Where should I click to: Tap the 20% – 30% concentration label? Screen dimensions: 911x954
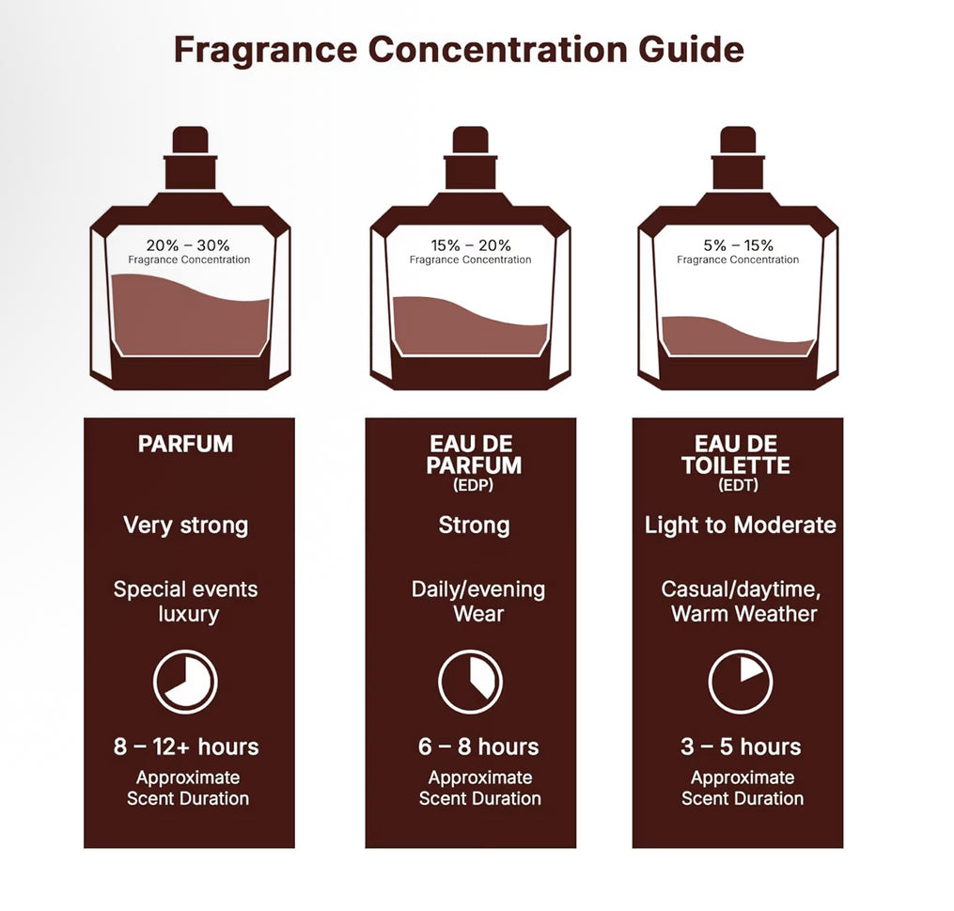[x=188, y=245]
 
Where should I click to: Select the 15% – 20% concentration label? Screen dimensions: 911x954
[x=470, y=245]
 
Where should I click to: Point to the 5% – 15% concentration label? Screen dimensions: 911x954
[x=738, y=245]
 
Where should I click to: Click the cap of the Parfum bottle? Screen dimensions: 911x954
[x=191, y=142]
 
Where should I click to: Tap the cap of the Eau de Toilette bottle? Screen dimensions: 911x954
[x=738, y=142]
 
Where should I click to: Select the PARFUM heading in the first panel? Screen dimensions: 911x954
[x=185, y=444]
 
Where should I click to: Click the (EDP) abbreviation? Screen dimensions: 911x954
[x=473, y=486]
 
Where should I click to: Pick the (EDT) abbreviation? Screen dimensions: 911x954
[x=738, y=486]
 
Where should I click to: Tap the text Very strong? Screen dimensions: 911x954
[x=185, y=525]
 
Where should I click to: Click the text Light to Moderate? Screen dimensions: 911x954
[x=740, y=525]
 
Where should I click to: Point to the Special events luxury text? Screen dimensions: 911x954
[x=186, y=602]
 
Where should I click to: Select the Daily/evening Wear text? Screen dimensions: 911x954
[x=478, y=602]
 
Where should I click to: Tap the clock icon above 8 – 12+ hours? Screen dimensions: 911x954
[x=185, y=682]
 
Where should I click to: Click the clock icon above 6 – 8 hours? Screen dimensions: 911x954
[x=471, y=682]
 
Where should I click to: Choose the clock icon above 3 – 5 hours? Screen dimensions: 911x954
[x=740, y=682]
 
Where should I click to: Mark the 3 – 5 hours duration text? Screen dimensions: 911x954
[x=741, y=747]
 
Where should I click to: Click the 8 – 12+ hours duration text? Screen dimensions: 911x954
[x=186, y=747]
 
